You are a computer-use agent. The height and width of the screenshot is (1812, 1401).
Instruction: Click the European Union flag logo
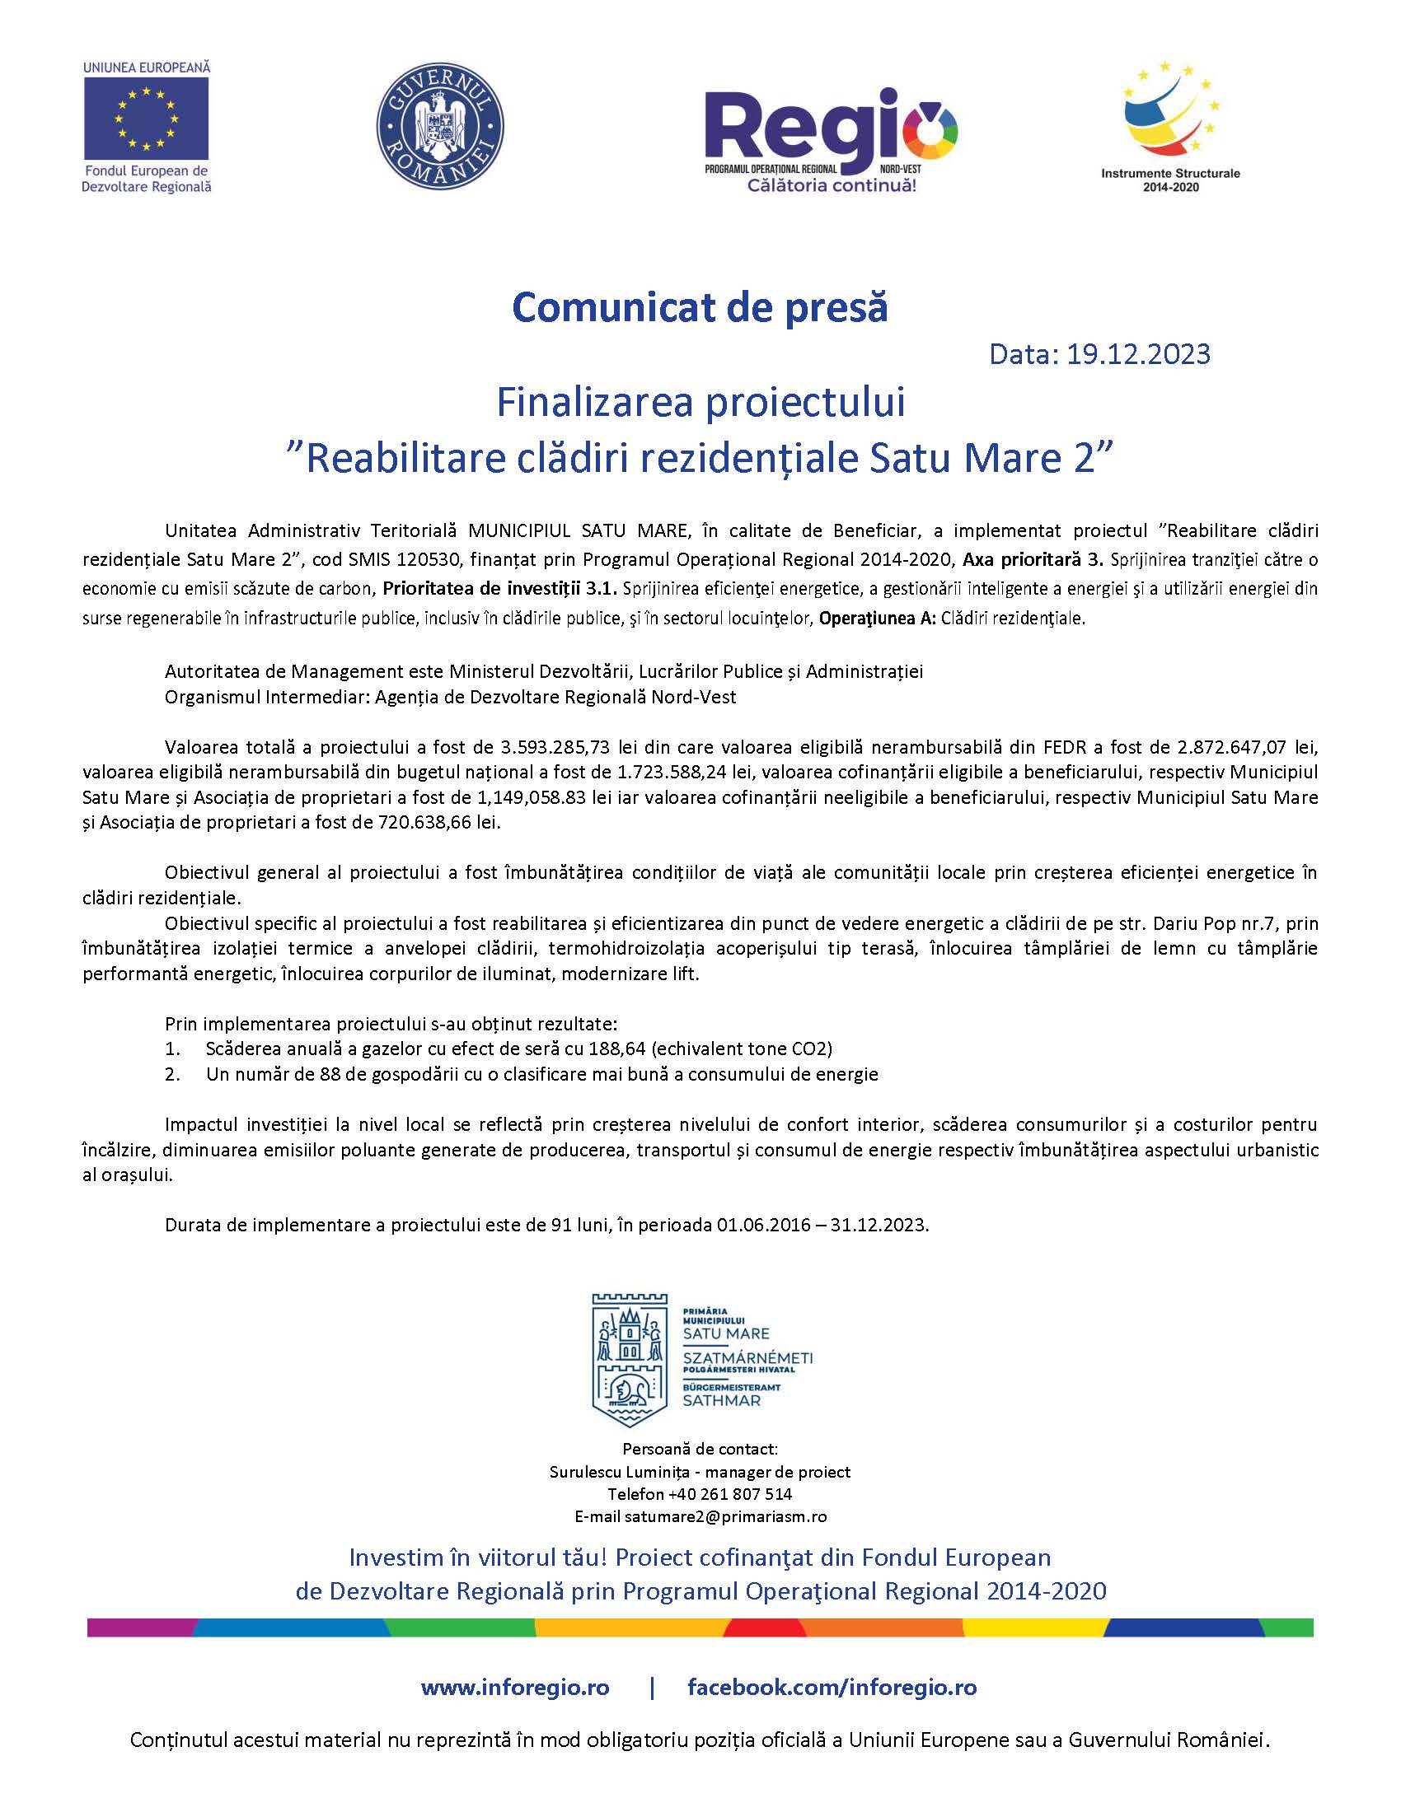[146, 121]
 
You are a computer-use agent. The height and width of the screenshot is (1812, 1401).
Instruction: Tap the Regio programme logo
[831, 137]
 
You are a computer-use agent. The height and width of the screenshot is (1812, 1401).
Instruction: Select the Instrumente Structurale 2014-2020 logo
[1170, 124]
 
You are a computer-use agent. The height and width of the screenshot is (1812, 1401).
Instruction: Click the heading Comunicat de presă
[700, 307]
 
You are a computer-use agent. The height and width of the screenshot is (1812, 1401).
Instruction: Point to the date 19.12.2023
[1138, 354]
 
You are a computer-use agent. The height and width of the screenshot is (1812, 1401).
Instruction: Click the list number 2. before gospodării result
[171, 1074]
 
